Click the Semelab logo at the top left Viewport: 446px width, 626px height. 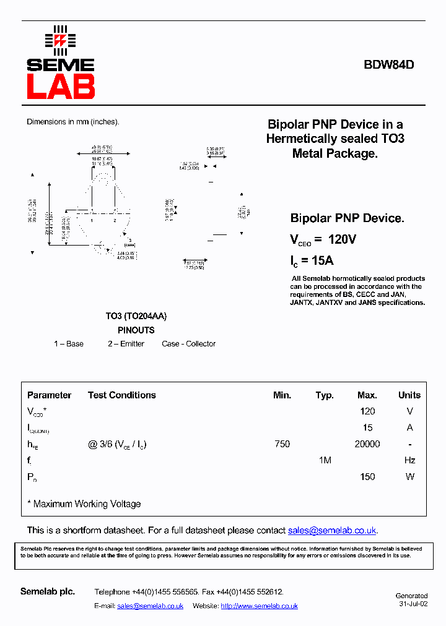[60, 62]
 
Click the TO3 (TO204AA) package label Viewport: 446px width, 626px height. [136, 316]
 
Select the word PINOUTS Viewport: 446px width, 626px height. [136, 330]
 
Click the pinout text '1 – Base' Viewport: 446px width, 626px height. [69, 344]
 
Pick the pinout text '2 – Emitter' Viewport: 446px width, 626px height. [126, 344]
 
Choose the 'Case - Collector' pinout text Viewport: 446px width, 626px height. [189, 344]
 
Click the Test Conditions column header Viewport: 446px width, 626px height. [122, 395]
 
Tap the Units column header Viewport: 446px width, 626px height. [409, 395]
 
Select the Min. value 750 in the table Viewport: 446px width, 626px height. [282, 444]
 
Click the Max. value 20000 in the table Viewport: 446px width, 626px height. [367, 444]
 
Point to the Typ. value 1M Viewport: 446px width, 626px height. [325, 460]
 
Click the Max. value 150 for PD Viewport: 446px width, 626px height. [367, 477]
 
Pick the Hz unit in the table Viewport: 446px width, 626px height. [409, 460]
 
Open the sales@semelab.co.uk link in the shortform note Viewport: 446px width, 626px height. [332, 531]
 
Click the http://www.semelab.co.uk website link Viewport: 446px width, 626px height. [259, 606]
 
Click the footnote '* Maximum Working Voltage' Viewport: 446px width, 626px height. [84, 504]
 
